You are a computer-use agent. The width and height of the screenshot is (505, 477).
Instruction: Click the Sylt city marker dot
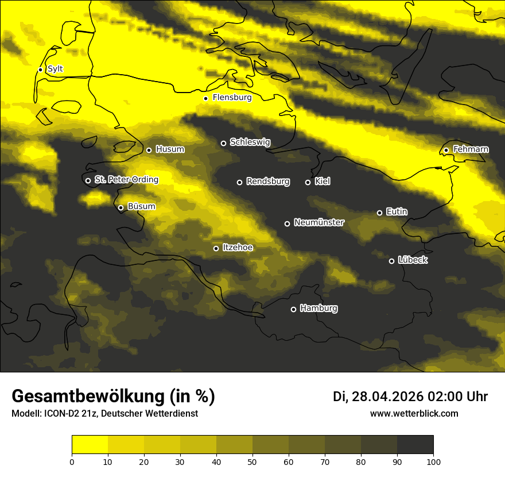tap(40, 70)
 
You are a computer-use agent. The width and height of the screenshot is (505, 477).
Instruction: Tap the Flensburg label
tap(232, 98)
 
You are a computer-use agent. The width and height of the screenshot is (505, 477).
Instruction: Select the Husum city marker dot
tap(149, 150)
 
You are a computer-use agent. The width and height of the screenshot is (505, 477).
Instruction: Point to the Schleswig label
tap(250, 142)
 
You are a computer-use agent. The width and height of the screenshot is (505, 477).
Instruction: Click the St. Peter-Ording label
tap(126, 180)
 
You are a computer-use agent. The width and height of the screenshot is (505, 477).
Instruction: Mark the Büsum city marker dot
tap(121, 208)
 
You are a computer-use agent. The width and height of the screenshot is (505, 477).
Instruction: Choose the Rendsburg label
tap(268, 182)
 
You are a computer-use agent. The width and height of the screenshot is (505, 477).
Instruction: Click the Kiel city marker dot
tap(308, 182)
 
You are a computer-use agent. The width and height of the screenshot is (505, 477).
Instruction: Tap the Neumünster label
tap(319, 222)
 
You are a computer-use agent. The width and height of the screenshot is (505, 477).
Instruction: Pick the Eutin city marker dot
tap(379, 213)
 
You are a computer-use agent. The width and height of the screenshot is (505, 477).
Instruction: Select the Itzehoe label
tap(238, 248)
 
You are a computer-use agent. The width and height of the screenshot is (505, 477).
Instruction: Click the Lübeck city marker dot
tap(391, 261)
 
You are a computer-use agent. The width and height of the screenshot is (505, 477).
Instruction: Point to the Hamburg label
tap(318, 309)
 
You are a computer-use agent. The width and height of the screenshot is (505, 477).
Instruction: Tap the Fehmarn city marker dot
tap(446, 150)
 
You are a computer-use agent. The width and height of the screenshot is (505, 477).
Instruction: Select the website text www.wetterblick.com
tap(414, 414)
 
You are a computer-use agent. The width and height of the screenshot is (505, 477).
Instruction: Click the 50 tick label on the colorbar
tap(252, 461)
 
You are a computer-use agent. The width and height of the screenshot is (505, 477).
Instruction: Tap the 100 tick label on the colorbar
tap(433, 461)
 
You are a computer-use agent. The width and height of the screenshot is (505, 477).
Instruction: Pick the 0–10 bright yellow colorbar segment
tap(90, 444)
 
